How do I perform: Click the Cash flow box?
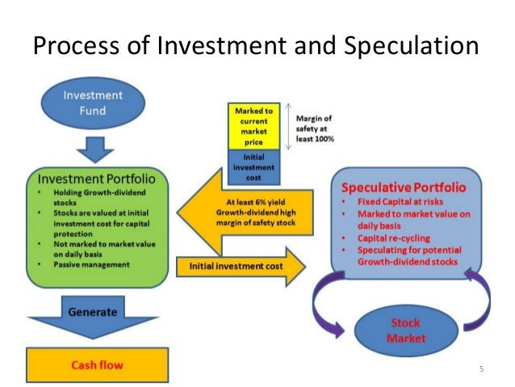click(100, 365)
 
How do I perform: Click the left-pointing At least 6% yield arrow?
click(246, 217)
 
